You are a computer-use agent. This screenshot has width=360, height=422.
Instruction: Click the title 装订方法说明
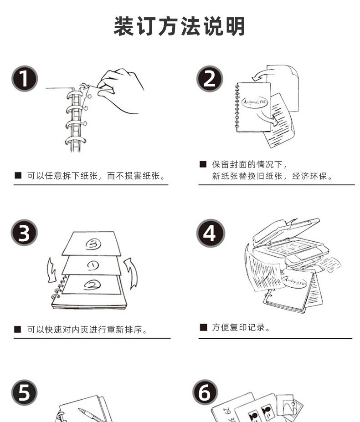[180, 26]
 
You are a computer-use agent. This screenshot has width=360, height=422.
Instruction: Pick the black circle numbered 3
[25, 234]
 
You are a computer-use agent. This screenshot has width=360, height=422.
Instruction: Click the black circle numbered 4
[209, 234]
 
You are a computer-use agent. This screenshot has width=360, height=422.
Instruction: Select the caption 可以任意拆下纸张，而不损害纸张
[96, 176]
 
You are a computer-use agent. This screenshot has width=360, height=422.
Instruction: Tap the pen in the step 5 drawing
[89, 414]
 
